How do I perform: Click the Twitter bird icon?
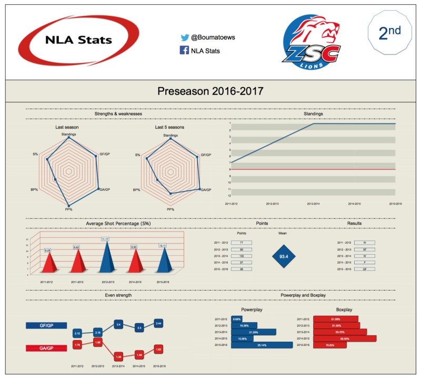click(185, 38)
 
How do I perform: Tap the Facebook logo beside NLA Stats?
click(185, 51)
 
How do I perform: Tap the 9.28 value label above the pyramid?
click(47, 250)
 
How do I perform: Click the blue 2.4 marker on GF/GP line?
click(118, 324)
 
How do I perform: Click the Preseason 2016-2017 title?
click(210, 92)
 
